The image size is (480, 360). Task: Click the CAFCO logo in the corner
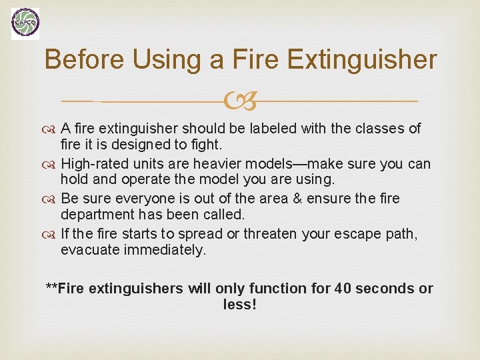(25, 24)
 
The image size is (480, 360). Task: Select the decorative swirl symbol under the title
(241, 102)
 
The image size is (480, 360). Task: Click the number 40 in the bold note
(343, 289)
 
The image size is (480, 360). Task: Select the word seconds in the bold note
(385, 289)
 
